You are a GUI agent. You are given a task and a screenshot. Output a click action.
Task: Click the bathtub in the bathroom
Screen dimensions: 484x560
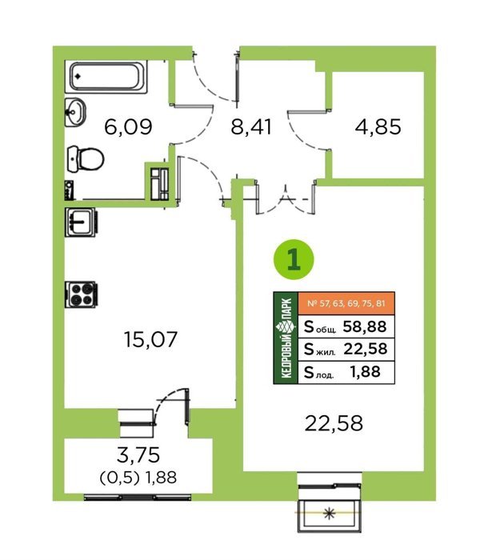(106, 77)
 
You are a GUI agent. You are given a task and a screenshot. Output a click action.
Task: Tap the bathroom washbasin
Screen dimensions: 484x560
(75, 112)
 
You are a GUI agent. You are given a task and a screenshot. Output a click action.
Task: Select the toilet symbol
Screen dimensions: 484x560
(86, 159)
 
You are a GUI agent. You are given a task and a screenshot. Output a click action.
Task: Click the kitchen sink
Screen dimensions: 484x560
(80, 222)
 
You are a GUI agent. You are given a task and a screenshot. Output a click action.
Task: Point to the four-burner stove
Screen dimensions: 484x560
(81, 294)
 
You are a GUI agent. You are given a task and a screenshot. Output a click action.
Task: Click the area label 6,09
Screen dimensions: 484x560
(128, 126)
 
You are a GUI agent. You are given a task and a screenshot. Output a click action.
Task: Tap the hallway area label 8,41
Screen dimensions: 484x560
(251, 126)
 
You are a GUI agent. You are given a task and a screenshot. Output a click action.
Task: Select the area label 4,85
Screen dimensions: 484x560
(378, 126)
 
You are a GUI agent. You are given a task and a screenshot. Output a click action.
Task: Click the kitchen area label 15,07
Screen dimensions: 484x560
(150, 339)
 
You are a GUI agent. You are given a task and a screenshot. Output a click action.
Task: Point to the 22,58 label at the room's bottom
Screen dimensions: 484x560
(334, 423)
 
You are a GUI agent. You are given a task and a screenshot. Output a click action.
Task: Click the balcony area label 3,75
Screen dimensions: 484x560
(138, 454)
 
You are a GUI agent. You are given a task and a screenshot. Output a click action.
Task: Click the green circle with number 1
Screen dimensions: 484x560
(294, 260)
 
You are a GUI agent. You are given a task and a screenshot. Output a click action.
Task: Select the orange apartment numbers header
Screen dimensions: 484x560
(346, 303)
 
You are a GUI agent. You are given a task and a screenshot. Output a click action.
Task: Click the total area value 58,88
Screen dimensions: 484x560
(365, 326)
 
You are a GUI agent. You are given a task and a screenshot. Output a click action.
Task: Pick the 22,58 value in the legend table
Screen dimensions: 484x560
(366, 349)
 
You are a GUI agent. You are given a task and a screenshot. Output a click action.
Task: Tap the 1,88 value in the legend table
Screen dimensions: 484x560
(366, 372)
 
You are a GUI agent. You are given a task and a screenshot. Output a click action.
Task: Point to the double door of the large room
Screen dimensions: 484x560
(286, 198)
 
